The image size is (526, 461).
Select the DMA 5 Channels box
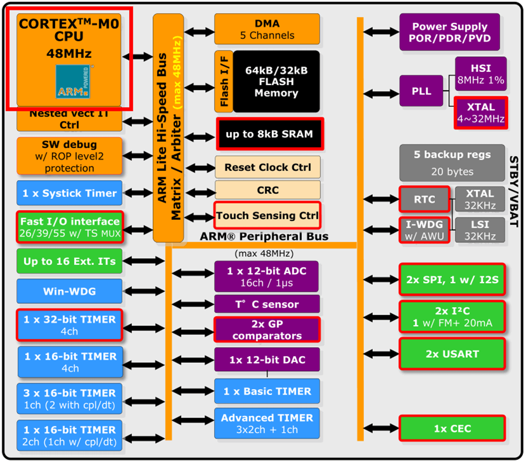(x=267, y=29)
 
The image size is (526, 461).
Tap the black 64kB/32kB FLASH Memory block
(x=276, y=81)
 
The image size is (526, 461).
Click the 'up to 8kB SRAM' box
(x=269, y=134)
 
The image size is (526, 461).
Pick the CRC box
(x=268, y=190)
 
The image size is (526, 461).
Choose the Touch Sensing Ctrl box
(x=267, y=215)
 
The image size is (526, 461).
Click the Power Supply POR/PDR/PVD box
(x=449, y=32)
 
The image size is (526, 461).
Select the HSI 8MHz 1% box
(x=481, y=74)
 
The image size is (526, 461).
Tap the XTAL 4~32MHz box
(x=481, y=113)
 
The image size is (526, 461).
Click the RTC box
(x=424, y=199)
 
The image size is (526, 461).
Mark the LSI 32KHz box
(x=480, y=230)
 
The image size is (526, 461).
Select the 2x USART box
(x=452, y=354)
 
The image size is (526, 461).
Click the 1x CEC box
(x=452, y=429)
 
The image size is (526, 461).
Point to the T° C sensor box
(x=267, y=305)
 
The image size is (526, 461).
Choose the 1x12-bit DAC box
(x=267, y=360)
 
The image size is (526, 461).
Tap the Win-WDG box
(x=69, y=291)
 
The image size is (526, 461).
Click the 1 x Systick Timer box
(x=69, y=193)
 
